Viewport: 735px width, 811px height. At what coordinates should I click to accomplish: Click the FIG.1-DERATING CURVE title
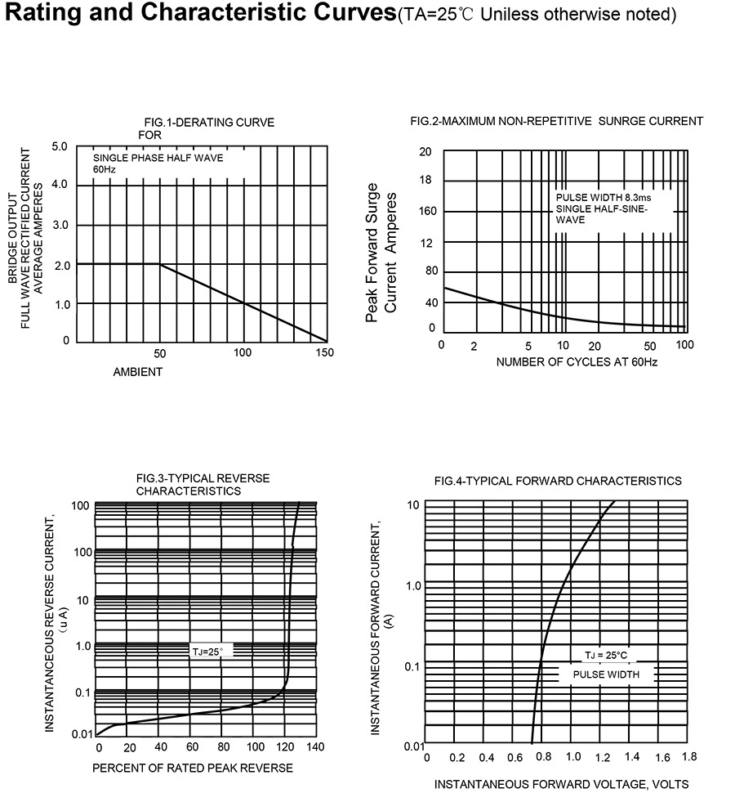click(x=209, y=123)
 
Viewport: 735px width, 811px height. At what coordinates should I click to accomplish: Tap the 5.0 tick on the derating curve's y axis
click(x=60, y=147)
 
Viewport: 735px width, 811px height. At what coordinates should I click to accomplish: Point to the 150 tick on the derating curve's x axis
click(x=325, y=353)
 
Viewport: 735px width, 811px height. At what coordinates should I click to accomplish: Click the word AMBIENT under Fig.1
click(x=138, y=372)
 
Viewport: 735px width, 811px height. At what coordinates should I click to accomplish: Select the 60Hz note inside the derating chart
click(x=105, y=169)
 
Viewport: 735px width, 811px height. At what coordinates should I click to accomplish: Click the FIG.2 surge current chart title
click(x=556, y=121)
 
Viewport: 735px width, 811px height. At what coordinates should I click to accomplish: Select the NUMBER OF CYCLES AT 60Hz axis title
click(x=577, y=361)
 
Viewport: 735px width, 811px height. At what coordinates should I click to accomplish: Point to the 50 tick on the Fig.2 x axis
click(x=650, y=346)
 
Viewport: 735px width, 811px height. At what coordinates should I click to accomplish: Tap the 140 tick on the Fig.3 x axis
click(x=316, y=747)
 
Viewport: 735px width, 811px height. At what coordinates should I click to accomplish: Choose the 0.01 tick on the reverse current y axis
click(x=82, y=734)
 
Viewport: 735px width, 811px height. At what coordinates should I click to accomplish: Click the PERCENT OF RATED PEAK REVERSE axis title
click(x=193, y=768)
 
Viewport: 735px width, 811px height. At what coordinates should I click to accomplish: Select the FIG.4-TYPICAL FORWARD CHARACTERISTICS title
click(x=558, y=481)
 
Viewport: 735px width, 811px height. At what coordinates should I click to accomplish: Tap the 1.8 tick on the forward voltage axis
click(x=688, y=757)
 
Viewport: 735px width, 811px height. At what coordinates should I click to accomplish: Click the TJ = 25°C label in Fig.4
click(x=605, y=656)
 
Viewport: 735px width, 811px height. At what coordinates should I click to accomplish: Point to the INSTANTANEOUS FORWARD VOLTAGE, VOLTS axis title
click(x=561, y=785)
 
